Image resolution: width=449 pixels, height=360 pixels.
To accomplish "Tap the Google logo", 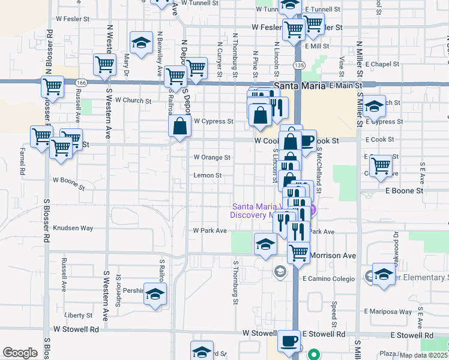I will (20, 353).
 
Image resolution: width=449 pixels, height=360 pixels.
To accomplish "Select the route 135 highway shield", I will (298, 65).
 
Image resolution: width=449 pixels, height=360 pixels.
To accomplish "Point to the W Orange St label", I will (211, 157).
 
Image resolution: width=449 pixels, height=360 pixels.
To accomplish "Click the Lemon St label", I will (208, 176).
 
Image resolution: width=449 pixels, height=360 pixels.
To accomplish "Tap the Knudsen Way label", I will (73, 228).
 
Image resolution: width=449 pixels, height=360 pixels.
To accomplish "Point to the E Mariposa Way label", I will (388, 311).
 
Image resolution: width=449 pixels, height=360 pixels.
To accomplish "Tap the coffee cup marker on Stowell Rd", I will (289, 341).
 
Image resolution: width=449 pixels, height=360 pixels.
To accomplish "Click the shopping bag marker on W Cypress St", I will (180, 127).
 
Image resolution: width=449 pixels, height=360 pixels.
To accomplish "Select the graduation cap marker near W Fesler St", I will (141, 43).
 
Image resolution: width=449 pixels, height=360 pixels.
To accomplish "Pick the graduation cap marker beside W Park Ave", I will (264, 244).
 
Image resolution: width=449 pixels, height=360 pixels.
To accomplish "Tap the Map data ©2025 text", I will (423, 355).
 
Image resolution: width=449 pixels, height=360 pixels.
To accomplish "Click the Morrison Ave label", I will (333, 256).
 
